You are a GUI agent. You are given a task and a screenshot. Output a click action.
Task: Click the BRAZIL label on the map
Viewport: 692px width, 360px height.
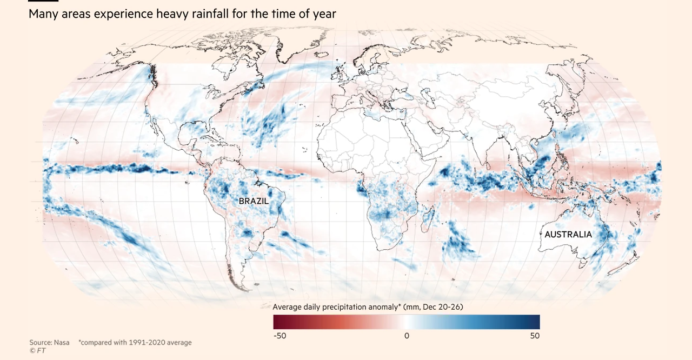(x=254, y=201)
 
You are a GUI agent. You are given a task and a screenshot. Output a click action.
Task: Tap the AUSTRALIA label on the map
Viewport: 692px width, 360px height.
(x=568, y=235)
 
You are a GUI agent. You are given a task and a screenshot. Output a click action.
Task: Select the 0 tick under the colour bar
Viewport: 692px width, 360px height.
(x=407, y=336)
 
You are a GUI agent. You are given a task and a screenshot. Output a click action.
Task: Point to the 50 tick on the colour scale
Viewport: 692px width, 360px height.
(x=534, y=336)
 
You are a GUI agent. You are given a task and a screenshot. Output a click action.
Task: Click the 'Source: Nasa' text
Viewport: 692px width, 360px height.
(x=49, y=343)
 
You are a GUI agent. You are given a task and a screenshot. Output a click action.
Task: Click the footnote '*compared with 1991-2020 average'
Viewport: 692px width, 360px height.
(x=135, y=343)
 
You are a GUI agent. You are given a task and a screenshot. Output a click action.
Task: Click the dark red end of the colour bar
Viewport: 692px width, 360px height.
(x=277, y=322)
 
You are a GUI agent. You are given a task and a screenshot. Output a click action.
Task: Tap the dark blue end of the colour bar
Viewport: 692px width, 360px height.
(x=536, y=322)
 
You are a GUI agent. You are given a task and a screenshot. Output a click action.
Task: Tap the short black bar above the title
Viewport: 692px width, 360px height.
(x=43, y=1)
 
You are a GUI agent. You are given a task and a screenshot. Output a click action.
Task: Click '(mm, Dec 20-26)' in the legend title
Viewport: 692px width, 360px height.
(x=432, y=306)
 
